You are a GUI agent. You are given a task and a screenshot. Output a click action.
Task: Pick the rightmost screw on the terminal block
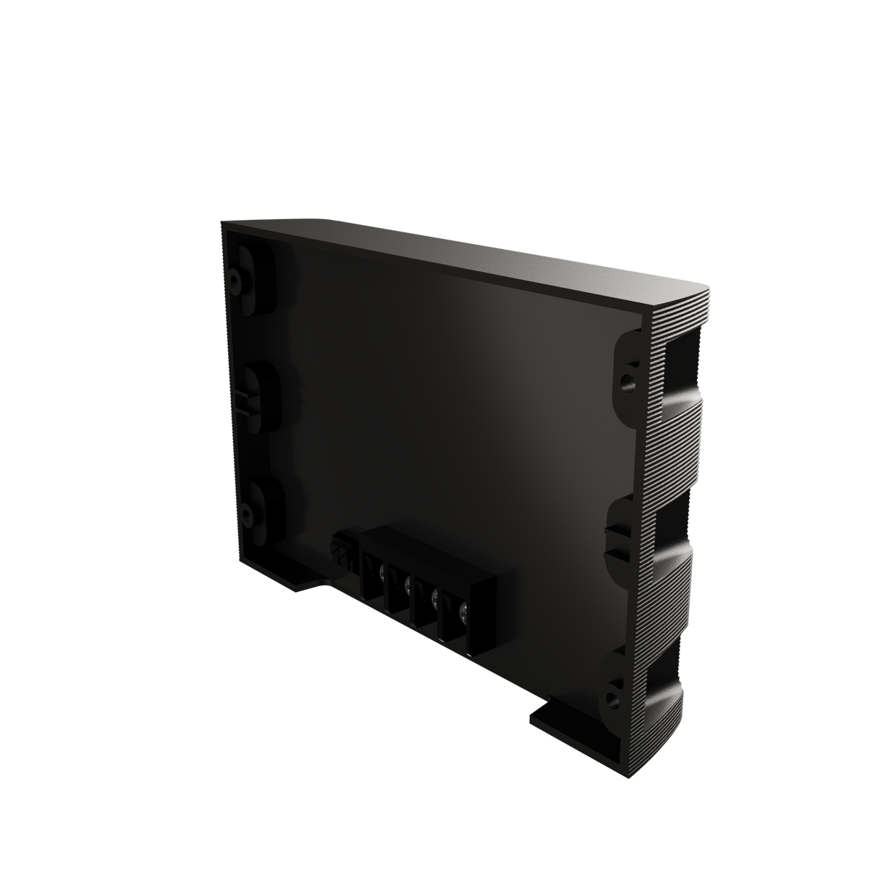[x=462, y=609]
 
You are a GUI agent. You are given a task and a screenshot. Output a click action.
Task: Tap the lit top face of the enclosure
[x=468, y=256]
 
